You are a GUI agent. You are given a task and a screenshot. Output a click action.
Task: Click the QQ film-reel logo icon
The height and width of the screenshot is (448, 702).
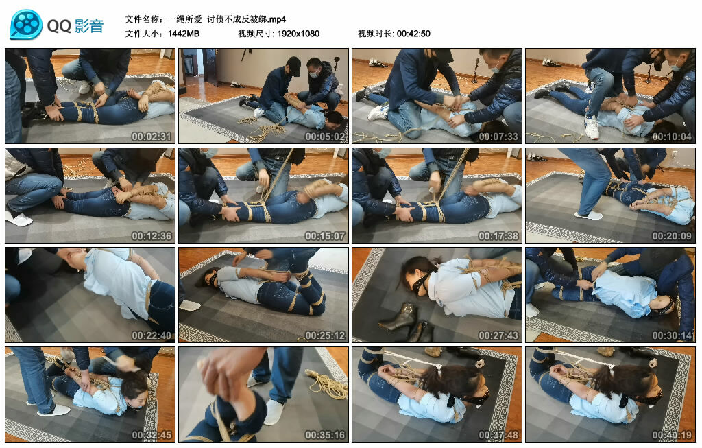click(x=26, y=25)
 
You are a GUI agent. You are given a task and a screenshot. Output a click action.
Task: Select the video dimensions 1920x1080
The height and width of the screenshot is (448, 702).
click(x=298, y=34)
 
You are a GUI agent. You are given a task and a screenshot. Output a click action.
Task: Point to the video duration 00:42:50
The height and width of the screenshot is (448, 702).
click(x=413, y=34)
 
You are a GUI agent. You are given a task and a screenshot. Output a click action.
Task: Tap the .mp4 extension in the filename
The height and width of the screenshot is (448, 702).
click(x=273, y=19)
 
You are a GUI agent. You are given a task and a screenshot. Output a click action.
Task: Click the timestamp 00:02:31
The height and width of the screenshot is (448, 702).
click(x=152, y=137)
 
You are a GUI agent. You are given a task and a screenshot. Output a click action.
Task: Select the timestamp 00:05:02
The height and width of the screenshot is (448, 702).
click(x=325, y=137)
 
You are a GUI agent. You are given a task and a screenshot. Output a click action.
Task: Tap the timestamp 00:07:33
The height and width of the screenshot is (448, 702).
click(x=498, y=137)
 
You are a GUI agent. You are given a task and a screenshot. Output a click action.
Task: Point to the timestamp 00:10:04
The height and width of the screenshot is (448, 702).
click(x=672, y=137)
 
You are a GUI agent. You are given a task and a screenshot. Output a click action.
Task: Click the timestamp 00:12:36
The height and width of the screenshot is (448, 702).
click(x=152, y=236)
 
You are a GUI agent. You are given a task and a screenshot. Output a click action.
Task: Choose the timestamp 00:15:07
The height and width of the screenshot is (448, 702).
click(x=325, y=236)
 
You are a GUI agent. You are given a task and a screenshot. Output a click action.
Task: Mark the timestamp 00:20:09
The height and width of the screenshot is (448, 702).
click(x=672, y=236)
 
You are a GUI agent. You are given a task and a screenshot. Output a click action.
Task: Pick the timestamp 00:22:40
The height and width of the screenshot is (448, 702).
click(x=152, y=335)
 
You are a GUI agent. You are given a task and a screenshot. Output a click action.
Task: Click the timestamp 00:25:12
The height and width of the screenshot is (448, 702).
click(x=325, y=335)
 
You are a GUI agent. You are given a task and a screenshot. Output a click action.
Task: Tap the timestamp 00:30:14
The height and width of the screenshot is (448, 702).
click(x=672, y=335)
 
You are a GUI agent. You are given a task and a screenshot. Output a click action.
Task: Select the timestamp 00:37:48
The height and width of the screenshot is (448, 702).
click(x=498, y=435)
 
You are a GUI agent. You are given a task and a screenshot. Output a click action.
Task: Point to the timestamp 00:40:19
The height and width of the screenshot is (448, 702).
click(x=672, y=435)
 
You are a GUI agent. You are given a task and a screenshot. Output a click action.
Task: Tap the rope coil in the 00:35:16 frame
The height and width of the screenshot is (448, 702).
click(x=328, y=384)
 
